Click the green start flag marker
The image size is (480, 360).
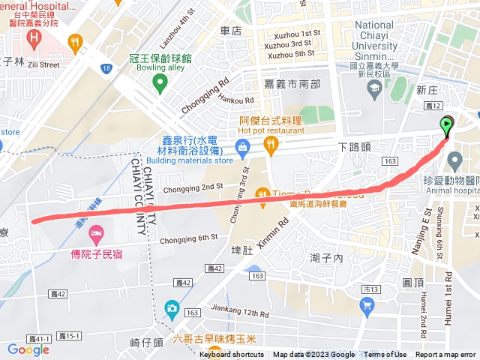[x=448, y=125]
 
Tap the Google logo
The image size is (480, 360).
[x=28, y=349]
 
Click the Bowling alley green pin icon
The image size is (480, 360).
[x=158, y=84]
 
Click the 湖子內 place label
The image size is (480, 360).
[x=326, y=258]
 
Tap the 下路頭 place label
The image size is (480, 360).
[x=354, y=147]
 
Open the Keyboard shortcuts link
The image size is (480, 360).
[x=231, y=355]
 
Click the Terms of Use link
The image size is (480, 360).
[x=385, y=355]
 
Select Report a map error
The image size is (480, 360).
[x=445, y=355]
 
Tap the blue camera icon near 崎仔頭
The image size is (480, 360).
[x=172, y=308]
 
